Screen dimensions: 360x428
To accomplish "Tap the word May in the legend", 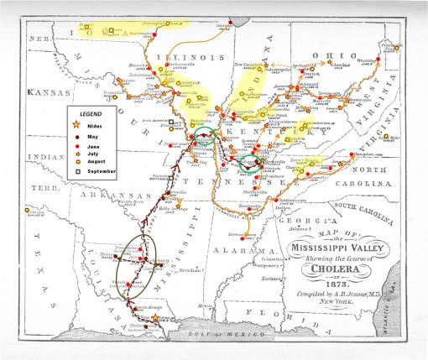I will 91,133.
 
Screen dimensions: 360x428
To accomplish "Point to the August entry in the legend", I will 96,161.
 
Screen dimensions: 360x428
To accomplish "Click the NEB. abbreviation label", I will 39,39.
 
